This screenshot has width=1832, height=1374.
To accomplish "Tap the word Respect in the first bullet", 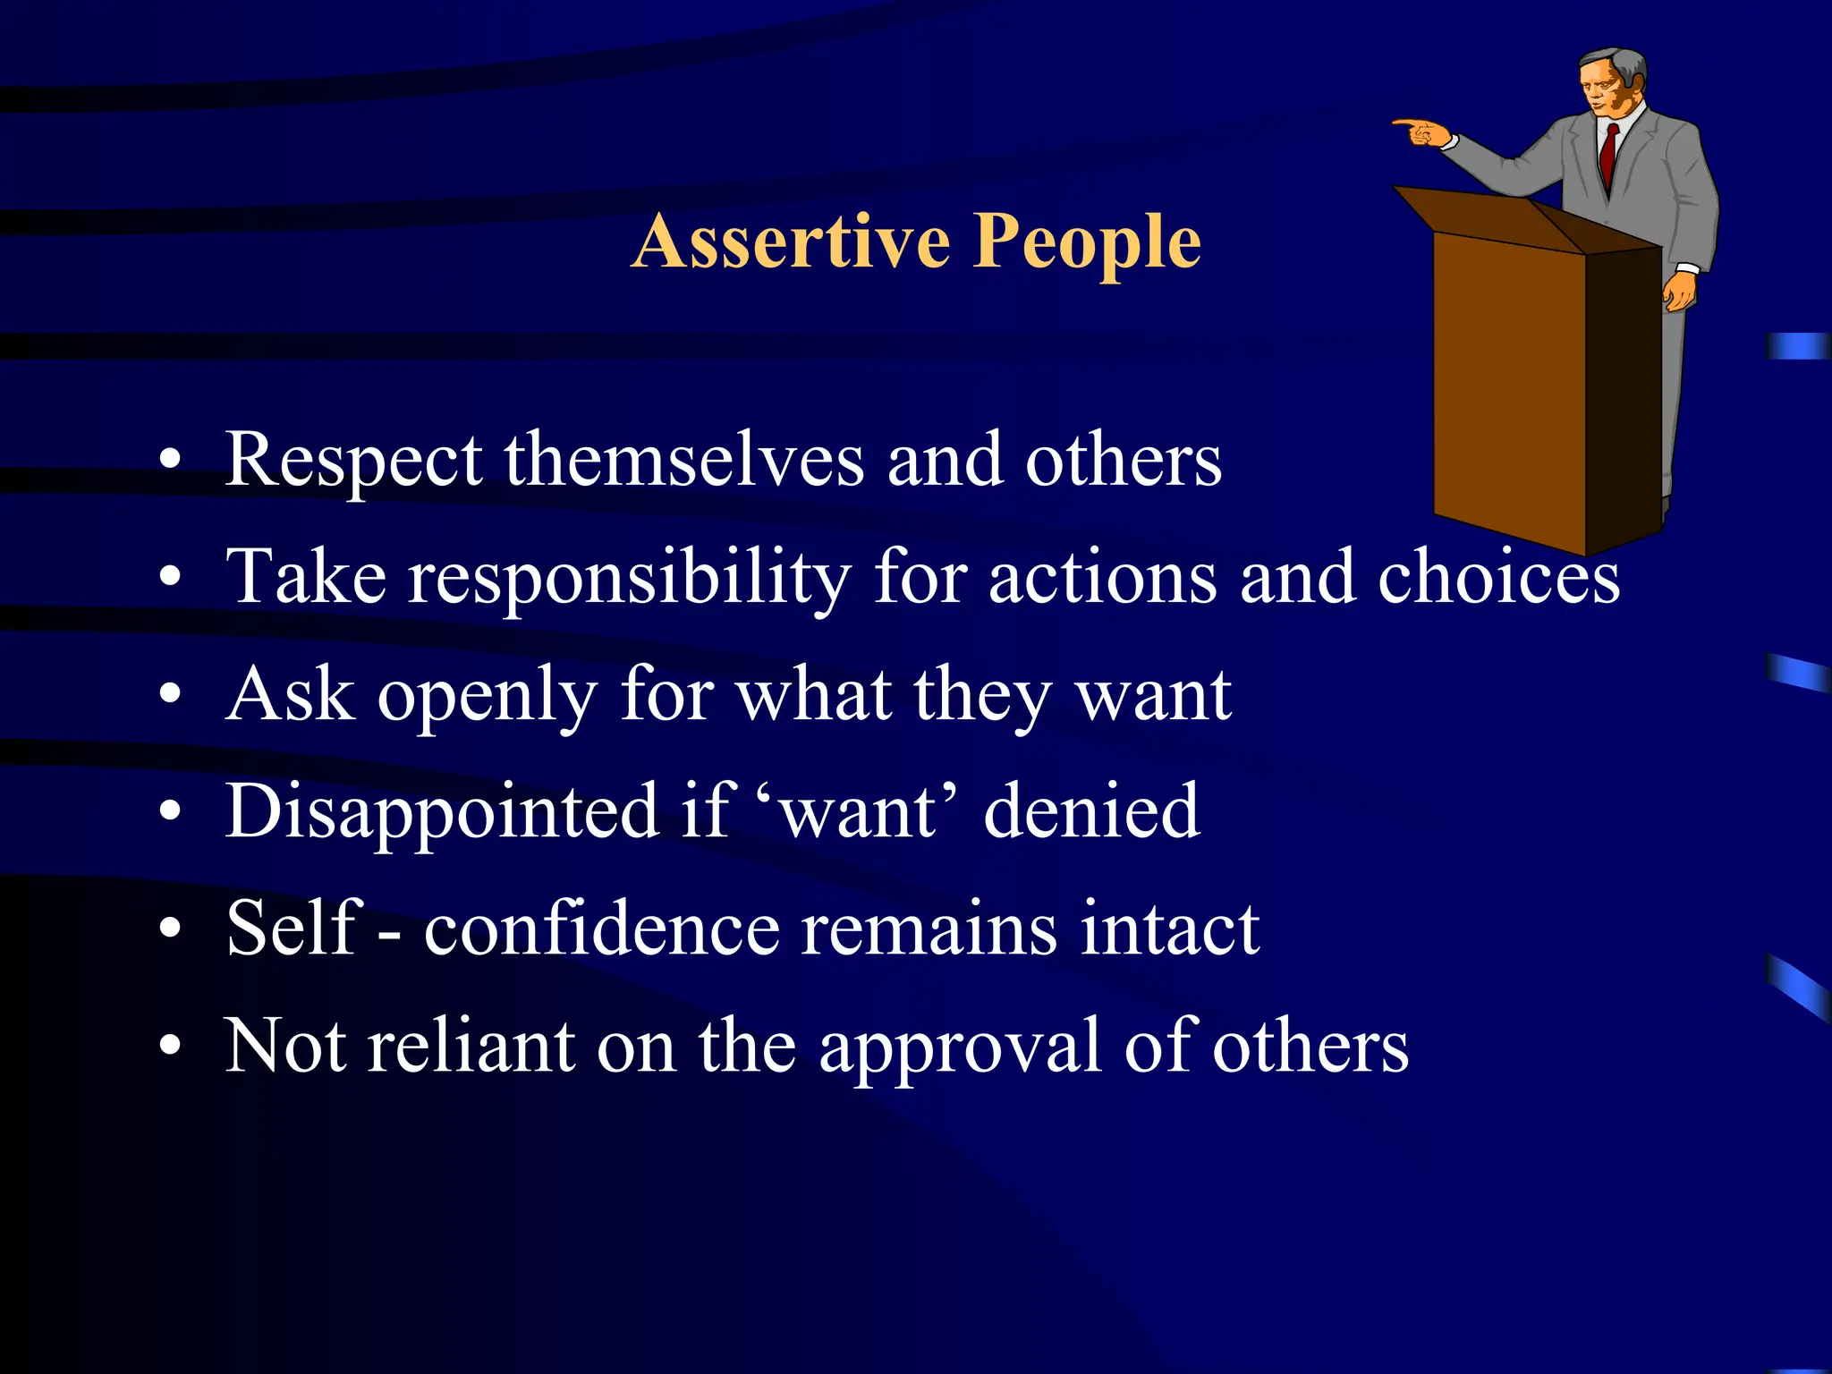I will [x=353, y=462].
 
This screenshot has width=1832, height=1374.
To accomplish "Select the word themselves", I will [x=684, y=460].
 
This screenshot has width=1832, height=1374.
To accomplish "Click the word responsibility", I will [x=629, y=579].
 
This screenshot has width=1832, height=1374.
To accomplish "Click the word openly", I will [x=486, y=697].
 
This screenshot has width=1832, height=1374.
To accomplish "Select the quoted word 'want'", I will [x=859, y=812].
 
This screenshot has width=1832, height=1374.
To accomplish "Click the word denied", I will [x=1091, y=810].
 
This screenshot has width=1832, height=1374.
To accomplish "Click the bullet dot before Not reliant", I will [x=170, y=1045].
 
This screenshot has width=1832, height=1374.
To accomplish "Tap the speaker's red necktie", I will [x=1608, y=152].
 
